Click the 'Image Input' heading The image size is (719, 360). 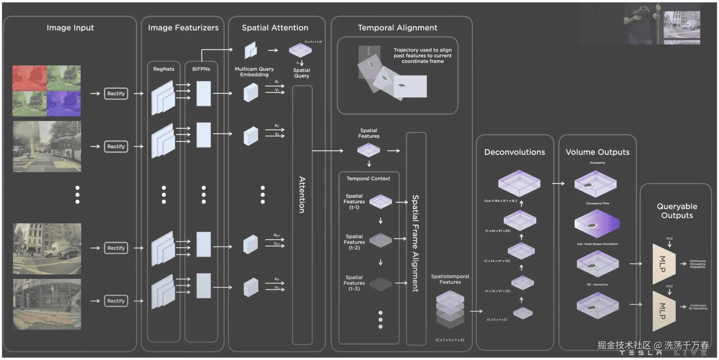click(70, 28)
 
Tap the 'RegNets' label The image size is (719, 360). click(164, 69)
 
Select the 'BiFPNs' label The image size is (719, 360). click(201, 69)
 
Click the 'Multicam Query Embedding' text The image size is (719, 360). click(254, 72)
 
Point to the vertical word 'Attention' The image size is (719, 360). click(302, 194)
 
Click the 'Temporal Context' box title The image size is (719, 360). click(368, 179)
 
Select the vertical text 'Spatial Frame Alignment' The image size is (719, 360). click(415, 243)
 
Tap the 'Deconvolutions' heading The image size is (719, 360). click(514, 152)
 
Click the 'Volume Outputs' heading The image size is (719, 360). click(597, 152)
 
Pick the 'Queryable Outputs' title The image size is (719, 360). click(677, 211)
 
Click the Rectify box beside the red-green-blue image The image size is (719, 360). click(116, 93)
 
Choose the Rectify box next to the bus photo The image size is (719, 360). click(116, 147)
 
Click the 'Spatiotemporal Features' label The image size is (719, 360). click(450, 279)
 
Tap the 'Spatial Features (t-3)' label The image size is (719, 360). click(354, 283)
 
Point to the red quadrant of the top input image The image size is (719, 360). click(29, 78)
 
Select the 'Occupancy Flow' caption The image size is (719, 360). click(597, 203)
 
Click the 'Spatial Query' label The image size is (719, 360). click(302, 73)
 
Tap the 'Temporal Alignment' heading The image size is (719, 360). click(397, 28)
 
